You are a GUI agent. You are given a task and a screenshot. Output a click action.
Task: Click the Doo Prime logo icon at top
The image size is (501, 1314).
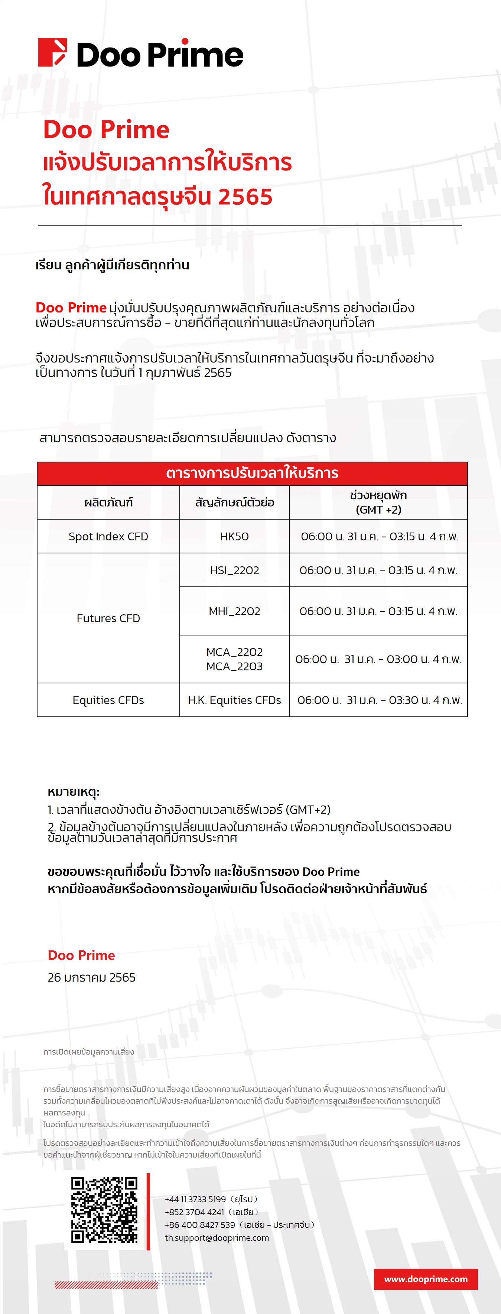click(52, 52)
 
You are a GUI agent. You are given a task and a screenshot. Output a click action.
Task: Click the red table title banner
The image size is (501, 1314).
click(252, 473)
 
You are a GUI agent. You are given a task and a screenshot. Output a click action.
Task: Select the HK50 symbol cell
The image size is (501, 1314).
click(234, 536)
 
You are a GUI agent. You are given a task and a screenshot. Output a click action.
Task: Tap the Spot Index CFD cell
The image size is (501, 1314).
click(108, 536)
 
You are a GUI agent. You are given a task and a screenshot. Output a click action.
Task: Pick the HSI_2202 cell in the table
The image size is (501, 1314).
click(234, 570)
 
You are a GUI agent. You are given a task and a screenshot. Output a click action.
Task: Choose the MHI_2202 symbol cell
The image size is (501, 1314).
click(234, 611)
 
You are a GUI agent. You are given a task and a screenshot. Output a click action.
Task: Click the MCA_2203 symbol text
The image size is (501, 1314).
click(234, 666)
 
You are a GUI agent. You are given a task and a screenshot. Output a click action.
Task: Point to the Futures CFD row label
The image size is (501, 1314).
click(108, 618)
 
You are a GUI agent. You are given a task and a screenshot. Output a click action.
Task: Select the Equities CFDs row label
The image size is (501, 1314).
click(108, 700)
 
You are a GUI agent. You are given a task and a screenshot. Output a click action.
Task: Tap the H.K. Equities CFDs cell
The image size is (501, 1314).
click(234, 700)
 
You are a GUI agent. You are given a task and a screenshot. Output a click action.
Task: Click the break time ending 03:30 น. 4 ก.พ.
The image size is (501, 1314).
click(379, 700)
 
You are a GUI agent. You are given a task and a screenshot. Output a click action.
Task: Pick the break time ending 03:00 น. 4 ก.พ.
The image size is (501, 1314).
click(378, 659)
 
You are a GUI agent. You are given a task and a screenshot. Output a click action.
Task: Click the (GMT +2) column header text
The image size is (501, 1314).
click(378, 510)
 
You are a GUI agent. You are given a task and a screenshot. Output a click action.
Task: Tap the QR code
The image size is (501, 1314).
click(104, 1209)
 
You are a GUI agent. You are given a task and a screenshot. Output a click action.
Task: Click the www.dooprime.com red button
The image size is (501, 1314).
click(426, 1278)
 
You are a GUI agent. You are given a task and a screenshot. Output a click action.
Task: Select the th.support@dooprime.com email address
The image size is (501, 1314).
click(217, 1237)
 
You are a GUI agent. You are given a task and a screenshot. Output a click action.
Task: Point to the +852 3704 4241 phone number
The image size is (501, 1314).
click(194, 1212)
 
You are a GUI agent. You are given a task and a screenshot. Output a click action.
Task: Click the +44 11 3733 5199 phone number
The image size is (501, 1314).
click(195, 1199)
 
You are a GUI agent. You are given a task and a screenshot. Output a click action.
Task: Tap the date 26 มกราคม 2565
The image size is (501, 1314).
click(91, 978)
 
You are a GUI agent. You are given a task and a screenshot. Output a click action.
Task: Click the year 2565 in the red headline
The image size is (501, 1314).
click(245, 197)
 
